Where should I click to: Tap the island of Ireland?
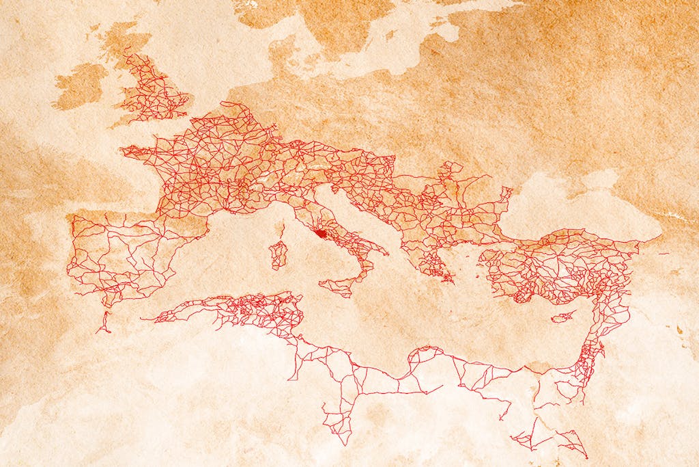[80, 86]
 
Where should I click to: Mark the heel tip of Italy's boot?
[386, 254]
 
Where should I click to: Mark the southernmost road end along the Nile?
[585, 455]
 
